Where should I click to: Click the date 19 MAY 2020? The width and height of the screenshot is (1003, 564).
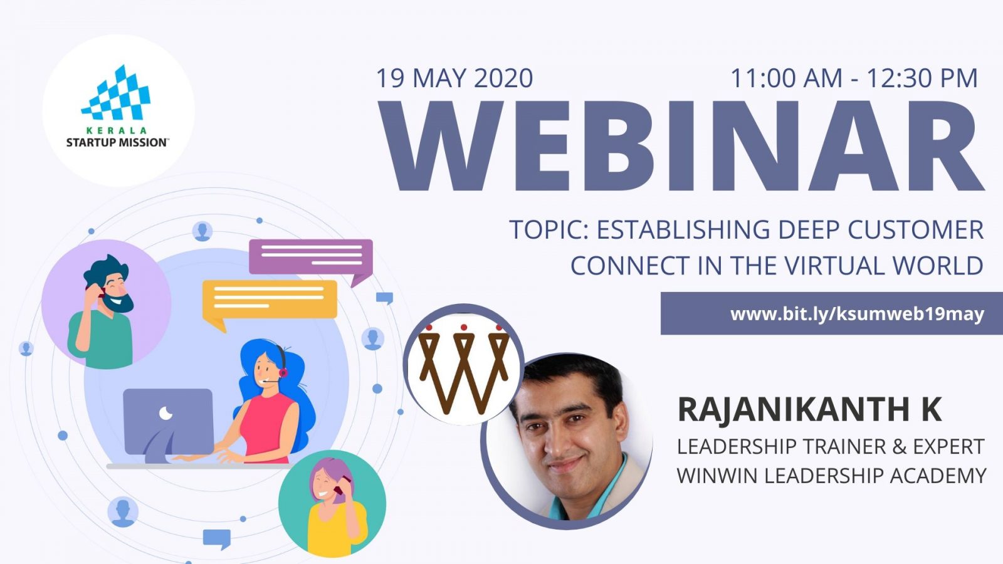click(x=454, y=78)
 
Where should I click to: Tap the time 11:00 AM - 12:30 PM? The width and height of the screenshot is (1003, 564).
click(x=854, y=78)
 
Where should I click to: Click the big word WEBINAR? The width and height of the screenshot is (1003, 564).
click(x=681, y=146)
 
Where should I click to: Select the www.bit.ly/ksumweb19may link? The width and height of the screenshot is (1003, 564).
click(x=857, y=314)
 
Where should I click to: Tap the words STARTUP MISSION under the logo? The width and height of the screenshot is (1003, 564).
click(x=117, y=143)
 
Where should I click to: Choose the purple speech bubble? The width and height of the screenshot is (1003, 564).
click(x=311, y=261)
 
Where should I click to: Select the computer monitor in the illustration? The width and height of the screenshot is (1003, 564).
click(x=168, y=425)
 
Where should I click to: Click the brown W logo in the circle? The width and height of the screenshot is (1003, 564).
click(x=464, y=368)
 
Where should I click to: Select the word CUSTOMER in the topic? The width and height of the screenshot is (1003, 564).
click(x=915, y=229)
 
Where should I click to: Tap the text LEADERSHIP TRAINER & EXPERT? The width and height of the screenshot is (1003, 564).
click(x=831, y=447)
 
